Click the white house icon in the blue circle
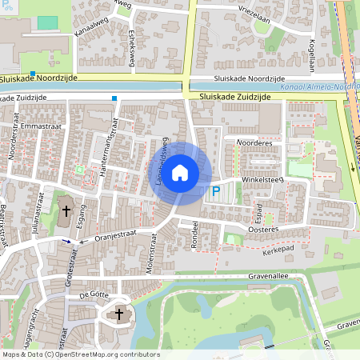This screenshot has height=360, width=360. point(180,172)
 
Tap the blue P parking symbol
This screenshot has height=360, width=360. point(214,192)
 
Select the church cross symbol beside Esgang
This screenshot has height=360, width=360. point(66,212)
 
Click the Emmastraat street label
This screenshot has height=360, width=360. point(40,126)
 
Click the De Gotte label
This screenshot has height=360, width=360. point(94,295)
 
